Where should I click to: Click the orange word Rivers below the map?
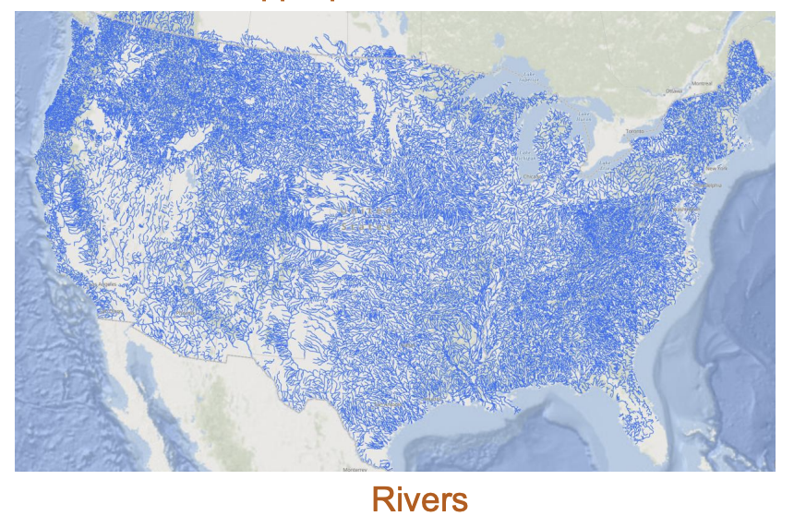[x=419, y=499]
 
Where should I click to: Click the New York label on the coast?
[x=716, y=169]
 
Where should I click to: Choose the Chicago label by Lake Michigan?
[x=530, y=174]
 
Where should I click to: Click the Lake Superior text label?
[x=527, y=79]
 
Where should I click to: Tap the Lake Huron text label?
[x=583, y=117]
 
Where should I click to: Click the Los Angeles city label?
[x=108, y=284]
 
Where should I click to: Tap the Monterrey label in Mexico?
[x=355, y=469]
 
